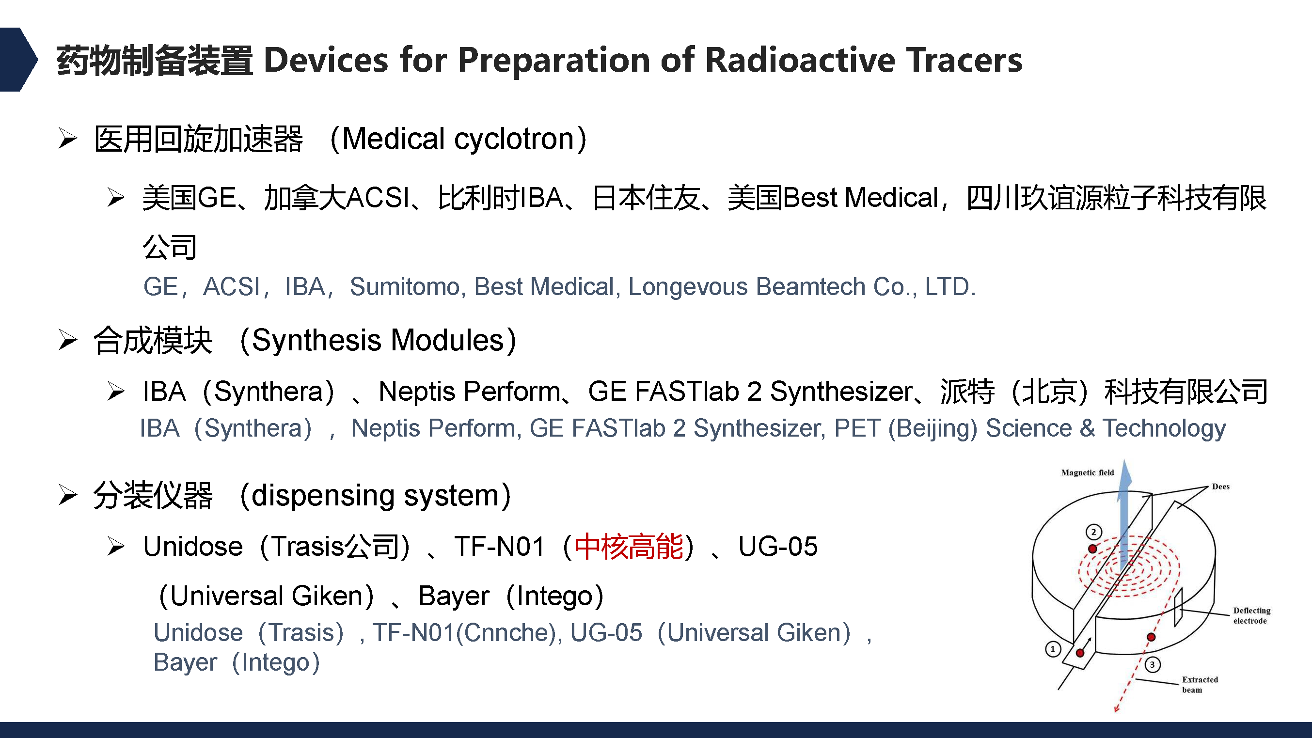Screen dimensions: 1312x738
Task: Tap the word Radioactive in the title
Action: point(801,60)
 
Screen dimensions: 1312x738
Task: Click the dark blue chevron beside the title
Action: point(18,60)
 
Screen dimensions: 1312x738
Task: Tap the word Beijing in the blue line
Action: point(933,428)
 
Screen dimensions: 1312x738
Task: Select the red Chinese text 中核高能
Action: point(629,547)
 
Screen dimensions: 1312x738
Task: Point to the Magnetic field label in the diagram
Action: point(1088,472)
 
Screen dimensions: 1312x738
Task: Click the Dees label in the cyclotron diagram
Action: point(1220,487)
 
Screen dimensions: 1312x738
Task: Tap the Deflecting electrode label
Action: point(1251,615)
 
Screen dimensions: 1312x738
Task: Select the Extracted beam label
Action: point(1200,685)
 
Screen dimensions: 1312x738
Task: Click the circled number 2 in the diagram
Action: point(1093,532)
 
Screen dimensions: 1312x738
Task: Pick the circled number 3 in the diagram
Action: point(1153,665)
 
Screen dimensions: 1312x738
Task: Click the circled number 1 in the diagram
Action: point(1053,649)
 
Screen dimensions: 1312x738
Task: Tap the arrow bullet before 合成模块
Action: point(67,340)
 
